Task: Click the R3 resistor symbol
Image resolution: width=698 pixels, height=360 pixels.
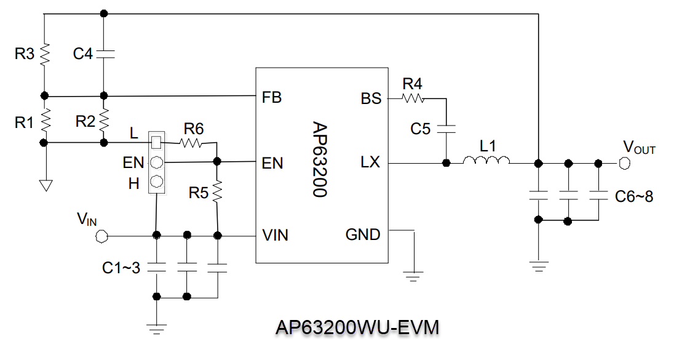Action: click(x=45, y=54)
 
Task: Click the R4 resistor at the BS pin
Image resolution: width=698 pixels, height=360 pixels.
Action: click(x=413, y=98)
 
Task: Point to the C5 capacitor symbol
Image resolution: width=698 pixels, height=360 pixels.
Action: click(x=446, y=129)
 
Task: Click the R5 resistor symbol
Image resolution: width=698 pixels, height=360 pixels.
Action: click(x=216, y=192)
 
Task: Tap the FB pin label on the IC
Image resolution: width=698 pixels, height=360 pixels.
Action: click(x=271, y=98)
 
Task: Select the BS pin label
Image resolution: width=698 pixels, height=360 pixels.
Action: click(x=371, y=98)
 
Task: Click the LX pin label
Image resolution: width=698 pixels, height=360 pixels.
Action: click(x=371, y=163)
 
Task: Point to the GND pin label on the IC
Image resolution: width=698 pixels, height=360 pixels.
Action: click(x=363, y=234)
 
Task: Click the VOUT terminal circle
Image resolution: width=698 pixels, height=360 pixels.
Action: click(x=624, y=163)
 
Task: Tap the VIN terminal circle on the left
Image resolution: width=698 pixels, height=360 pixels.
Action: click(x=102, y=235)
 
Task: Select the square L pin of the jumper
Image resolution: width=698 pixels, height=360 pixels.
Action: click(x=157, y=142)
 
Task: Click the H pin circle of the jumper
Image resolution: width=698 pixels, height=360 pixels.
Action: click(x=157, y=182)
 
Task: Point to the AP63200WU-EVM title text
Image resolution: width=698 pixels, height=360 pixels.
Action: click(x=357, y=327)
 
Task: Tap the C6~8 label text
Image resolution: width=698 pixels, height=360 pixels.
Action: click(x=633, y=197)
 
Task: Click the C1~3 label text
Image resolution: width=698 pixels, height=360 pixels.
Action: click(x=121, y=268)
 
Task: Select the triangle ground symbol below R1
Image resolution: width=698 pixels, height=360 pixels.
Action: click(x=45, y=185)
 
